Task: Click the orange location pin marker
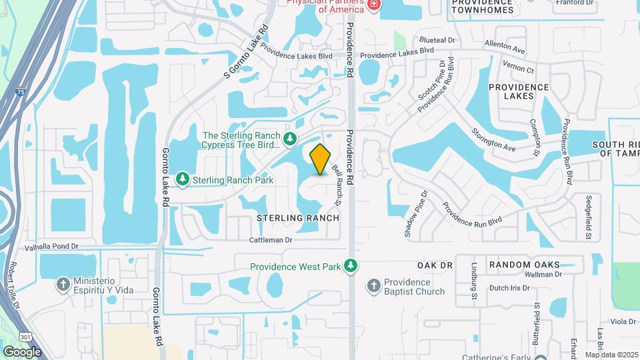point(321,159)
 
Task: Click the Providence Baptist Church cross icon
point(373,286)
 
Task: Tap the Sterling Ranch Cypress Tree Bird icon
point(289,139)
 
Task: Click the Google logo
point(22,351)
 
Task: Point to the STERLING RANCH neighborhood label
point(298,218)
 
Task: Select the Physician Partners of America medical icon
point(374,5)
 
